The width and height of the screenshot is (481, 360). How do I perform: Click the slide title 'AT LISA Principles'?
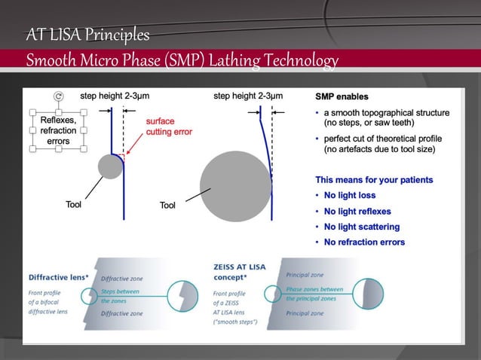tap(87, 35)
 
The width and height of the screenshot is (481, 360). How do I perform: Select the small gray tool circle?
tap(111, 166)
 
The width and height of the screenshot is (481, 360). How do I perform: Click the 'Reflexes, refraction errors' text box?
tap(58, 130)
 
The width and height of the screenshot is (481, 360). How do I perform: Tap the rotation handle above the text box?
tap(59, 96)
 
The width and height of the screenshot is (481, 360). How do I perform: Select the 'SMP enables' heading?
tap(342, 97)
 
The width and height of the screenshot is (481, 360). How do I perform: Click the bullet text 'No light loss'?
tap(350, 196)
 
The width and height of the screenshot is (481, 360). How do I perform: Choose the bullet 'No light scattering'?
tap(362, 227)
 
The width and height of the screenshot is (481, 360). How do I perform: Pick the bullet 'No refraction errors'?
tap(364, 242)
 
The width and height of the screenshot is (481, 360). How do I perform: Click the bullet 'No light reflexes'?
tap(357, 212)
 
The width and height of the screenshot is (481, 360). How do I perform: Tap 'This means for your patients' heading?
tap(374, 180)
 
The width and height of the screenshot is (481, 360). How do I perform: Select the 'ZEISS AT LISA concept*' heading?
tap(238, 270)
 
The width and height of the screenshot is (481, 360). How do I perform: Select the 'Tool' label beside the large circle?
tap(168, 206)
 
